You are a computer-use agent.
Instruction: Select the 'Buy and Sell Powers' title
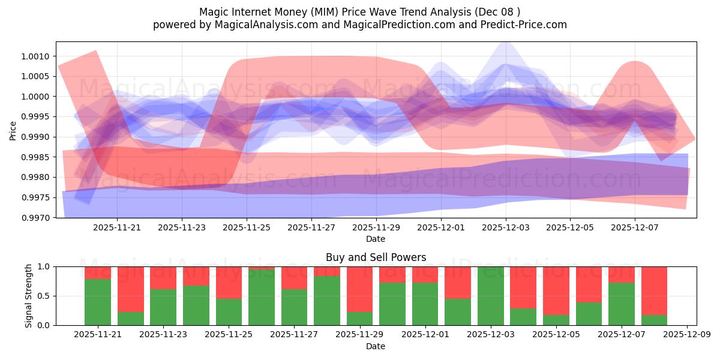[x=376, y=257]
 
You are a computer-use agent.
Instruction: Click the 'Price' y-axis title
[x=13, y=130]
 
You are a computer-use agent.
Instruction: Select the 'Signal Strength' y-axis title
[x=29, y=295]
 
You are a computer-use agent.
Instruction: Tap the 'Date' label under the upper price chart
[x=376, y=239]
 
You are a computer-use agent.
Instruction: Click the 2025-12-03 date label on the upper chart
[x=505, y=228]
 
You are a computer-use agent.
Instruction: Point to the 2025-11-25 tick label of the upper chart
[x=247, y=228]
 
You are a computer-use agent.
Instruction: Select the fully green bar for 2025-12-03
[x=490, y=296]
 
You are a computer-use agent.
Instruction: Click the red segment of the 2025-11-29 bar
[x=360, y=288]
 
